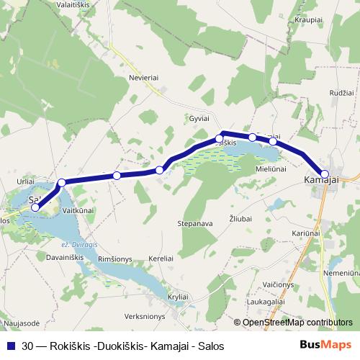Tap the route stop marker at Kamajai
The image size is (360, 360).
pos(325,174)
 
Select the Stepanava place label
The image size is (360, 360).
pos(195,224)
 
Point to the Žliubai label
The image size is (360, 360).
pos(242,217)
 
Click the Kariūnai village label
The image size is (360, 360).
pos(306,233)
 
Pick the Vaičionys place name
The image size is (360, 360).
pos(277,285)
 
